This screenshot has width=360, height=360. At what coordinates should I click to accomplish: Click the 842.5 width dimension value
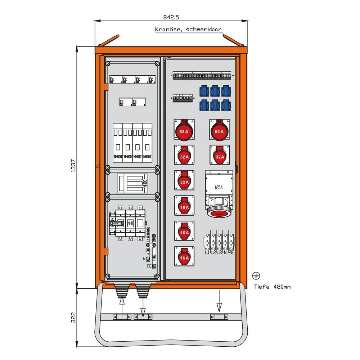pos(171,17)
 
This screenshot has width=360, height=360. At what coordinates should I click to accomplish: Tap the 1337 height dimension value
pos(73,166)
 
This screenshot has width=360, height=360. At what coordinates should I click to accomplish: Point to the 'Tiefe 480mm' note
pos(273,287)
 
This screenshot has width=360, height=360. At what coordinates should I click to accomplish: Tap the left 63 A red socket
pos(184,130)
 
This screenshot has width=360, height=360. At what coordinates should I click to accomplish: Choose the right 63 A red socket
pos(219,130)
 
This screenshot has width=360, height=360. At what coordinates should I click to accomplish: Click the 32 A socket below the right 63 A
pos(219,155)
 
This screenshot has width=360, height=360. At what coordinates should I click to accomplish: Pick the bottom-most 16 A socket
pos(184,256)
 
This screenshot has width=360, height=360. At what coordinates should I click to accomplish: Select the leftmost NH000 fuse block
pos(118,143)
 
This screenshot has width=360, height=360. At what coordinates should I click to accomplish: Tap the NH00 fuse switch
pos(133,183)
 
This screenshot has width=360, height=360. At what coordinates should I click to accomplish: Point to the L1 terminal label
pos(207,252)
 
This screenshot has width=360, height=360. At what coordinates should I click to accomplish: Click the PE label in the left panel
pos(149,266)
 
